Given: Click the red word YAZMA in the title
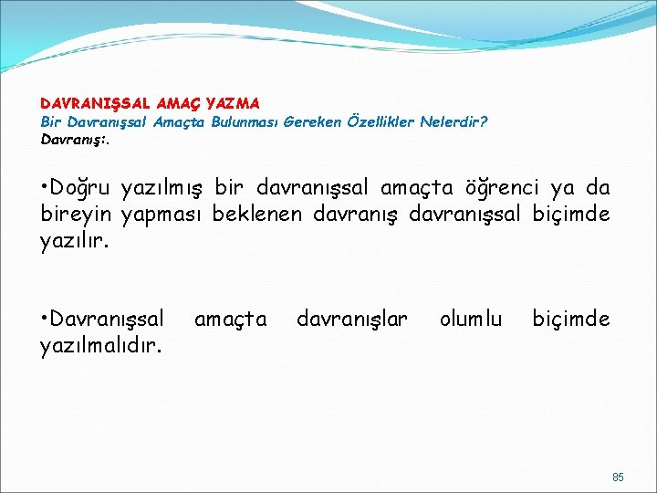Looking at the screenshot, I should [233, 105].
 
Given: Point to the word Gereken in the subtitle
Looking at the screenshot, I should [314, 121].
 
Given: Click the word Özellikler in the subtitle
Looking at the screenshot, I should [381, 121].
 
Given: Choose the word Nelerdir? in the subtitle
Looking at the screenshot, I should [454, 121].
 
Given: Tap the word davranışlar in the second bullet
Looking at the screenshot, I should [352, 320].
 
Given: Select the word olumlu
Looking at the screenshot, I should [471, 320].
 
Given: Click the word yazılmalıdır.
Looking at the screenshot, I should [101, 345].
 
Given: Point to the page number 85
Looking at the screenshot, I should [618, 477].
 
